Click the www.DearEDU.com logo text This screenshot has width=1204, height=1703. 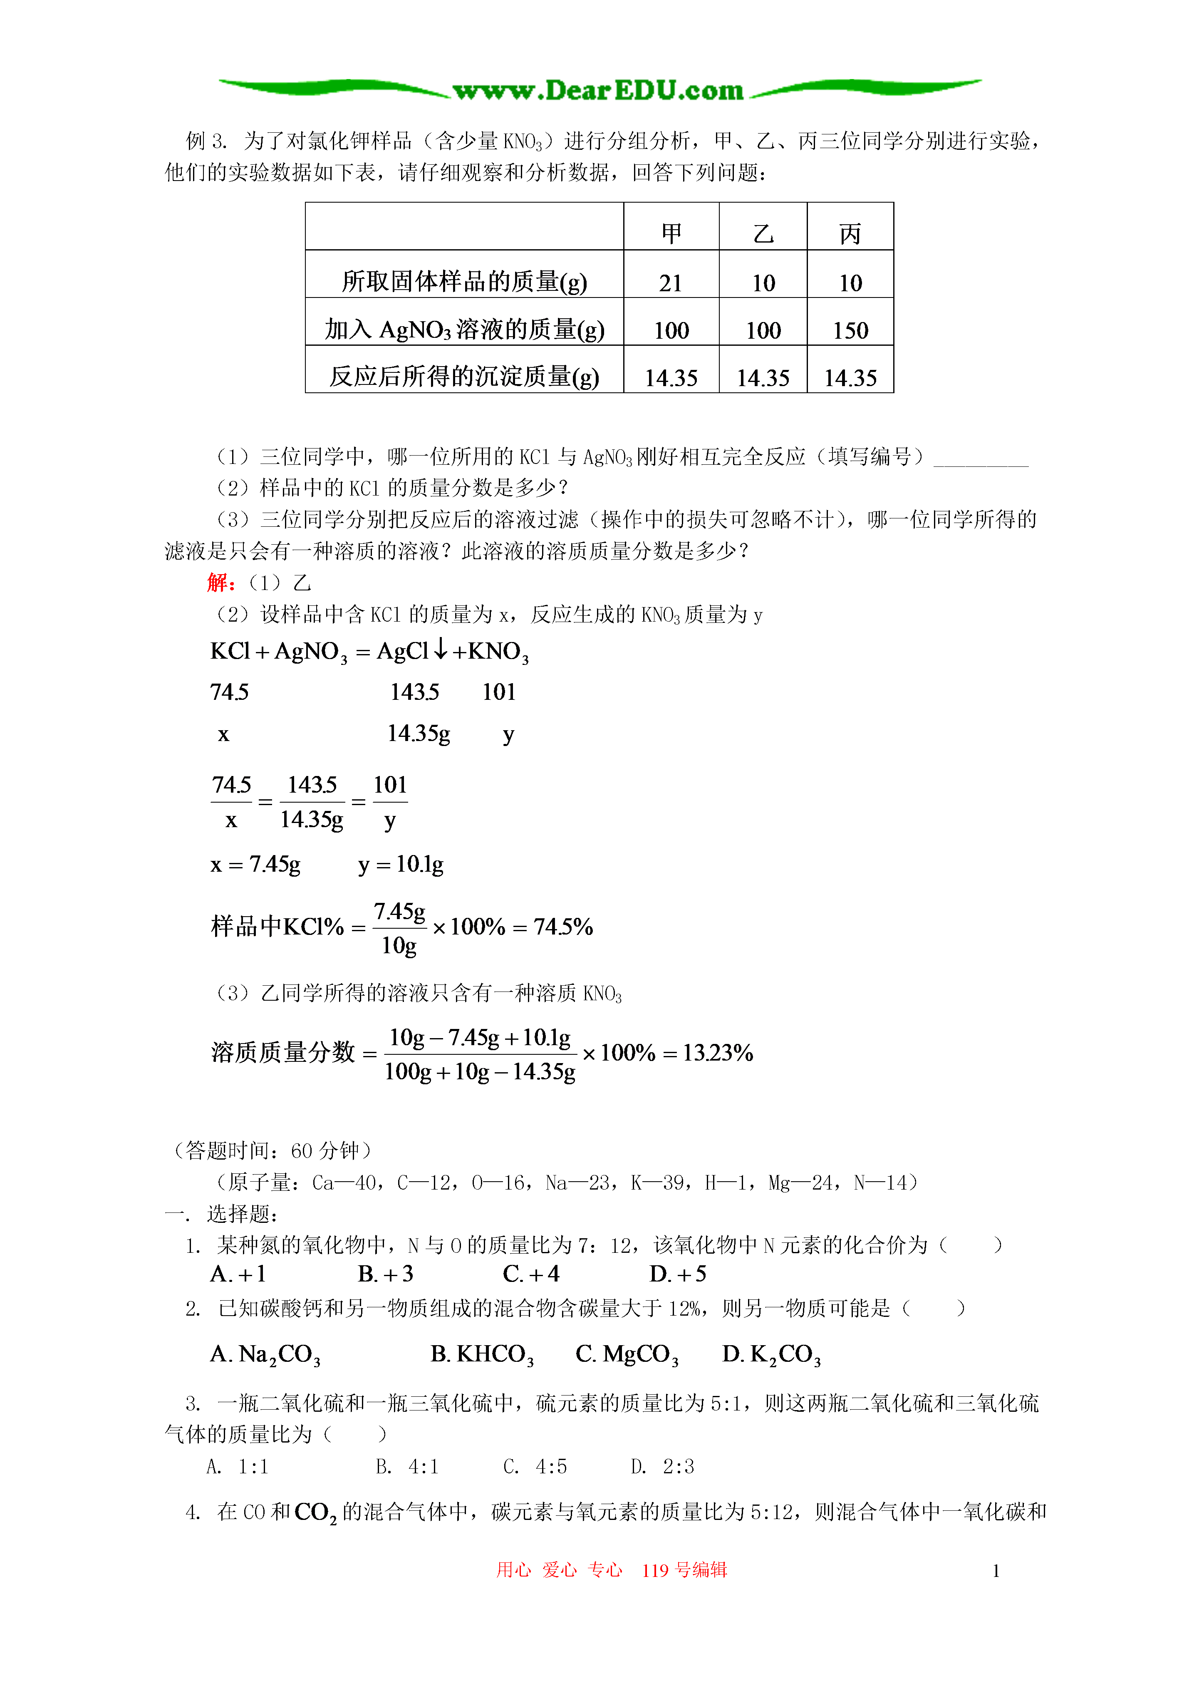click(x=598, y=90)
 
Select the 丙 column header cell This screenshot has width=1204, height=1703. click(x=850, y=234)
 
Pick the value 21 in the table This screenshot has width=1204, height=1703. click(x=671, y=283)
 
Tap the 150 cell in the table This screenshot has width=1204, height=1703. click(x=850, y=330)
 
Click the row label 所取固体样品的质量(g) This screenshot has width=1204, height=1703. click(x=464, y=281)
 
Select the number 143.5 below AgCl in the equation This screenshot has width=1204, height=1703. click(x=415, y=692)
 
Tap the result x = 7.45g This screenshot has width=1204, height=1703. click(x=255, y=864)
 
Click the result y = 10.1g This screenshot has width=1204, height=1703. click(x=401, y=864)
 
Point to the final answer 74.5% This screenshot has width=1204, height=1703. click(x=563, y=927)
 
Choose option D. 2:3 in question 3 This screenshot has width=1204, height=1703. click(x=662, y=1466)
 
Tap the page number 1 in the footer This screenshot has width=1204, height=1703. click(x=996, y=1570)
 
